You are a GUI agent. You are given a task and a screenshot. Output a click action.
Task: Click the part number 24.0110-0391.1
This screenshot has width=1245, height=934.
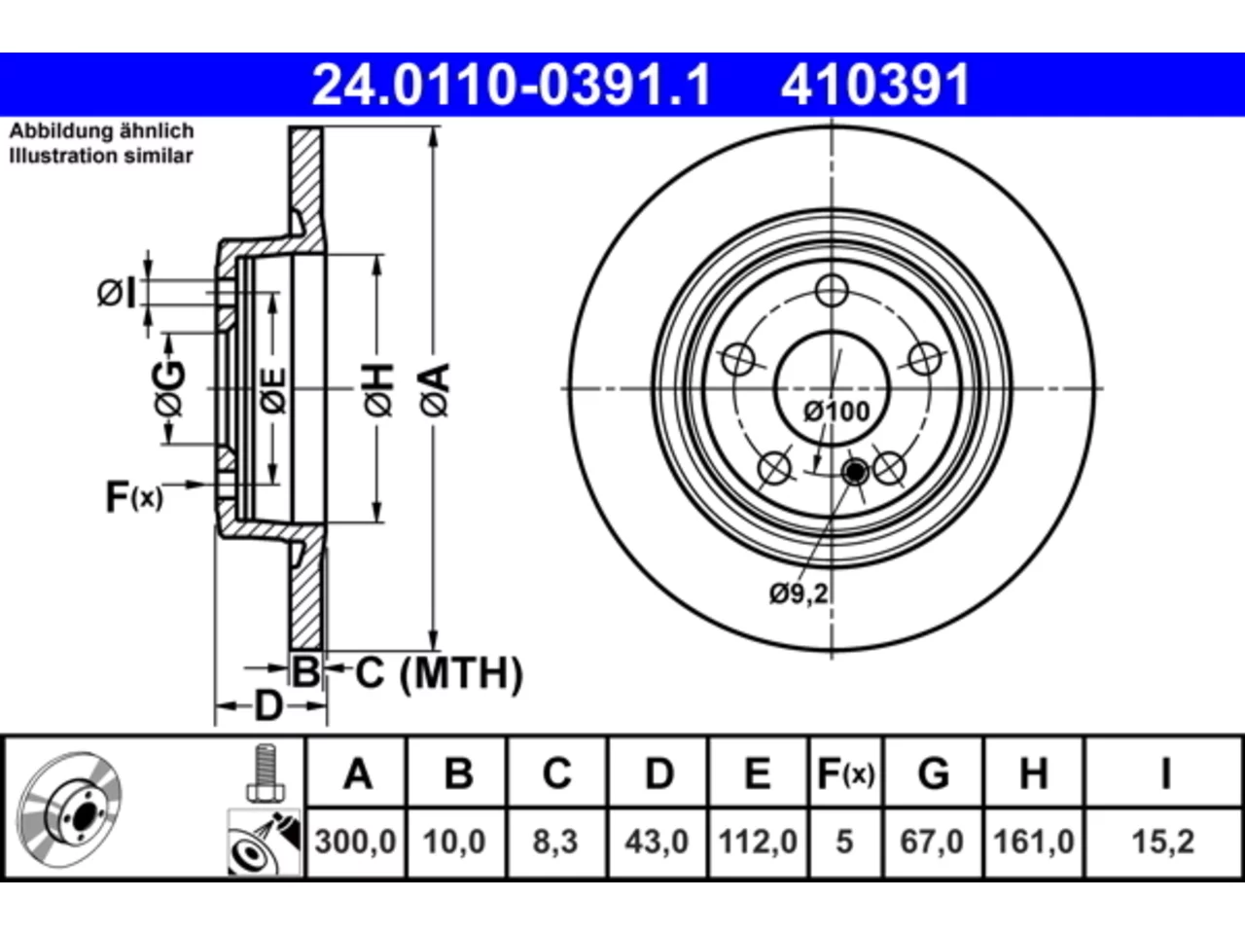(511, 85)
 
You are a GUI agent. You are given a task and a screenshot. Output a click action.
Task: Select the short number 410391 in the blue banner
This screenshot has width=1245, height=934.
(875, 85)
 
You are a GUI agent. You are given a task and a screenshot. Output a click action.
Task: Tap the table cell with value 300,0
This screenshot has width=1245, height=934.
(356, 842)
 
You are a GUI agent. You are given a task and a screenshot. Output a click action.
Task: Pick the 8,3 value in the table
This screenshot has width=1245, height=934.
(555, 842)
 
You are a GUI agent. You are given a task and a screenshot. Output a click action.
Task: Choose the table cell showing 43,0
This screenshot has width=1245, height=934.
(657, 842)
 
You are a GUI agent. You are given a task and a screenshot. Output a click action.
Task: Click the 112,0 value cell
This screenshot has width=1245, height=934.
(758, 842)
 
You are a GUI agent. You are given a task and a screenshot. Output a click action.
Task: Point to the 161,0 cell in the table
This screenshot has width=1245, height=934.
(1033, 842)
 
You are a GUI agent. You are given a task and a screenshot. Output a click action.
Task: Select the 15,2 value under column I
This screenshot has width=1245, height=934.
(1162, 842)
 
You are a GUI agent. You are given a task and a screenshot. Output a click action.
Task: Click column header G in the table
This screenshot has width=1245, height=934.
(933, 772)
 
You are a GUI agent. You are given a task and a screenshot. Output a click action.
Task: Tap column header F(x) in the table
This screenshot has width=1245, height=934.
(845, 772)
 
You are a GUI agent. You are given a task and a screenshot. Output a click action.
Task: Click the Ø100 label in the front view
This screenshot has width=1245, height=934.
(836, 412)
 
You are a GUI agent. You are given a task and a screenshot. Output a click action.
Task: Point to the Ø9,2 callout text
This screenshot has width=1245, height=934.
(799, 593)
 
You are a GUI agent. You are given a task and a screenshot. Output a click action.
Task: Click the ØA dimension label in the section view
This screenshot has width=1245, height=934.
(436, 389)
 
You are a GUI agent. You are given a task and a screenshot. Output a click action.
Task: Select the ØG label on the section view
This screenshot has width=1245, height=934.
(169, 388)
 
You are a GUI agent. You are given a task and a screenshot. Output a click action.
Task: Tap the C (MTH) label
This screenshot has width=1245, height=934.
(439, 673)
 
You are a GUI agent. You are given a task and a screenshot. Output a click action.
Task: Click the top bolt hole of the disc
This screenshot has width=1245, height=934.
(832, 291)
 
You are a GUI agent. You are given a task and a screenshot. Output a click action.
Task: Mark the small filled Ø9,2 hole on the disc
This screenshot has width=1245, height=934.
(855, 471)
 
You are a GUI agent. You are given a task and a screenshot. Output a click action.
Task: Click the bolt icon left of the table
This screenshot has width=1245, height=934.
(266, 772)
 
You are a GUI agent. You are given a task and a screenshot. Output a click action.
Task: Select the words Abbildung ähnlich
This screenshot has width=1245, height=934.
(101, 131)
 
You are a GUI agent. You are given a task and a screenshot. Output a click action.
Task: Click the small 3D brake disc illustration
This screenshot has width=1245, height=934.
(69, 809)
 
